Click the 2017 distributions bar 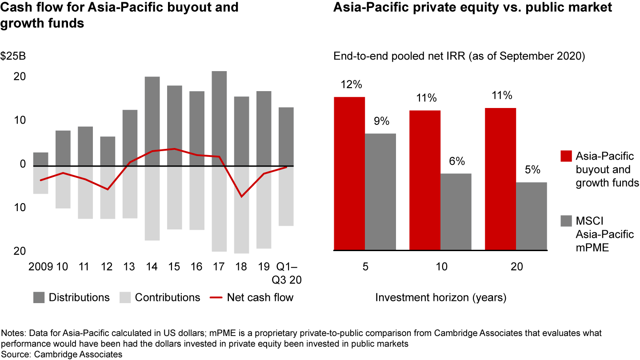click(219, 118)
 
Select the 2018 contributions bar click(241, 210)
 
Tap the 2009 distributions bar click(40, 159)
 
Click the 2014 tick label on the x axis click(152, 267)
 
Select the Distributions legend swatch click(39, 297)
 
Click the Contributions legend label click(167, 297)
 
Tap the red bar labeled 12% click(349, 173)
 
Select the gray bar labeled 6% click(456, 212)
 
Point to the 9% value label click(380, 121)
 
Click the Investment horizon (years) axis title click(440, 297)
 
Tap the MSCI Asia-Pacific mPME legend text click(605, 234)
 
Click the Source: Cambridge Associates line click(62, 354)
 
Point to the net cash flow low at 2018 click(241, 196)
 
